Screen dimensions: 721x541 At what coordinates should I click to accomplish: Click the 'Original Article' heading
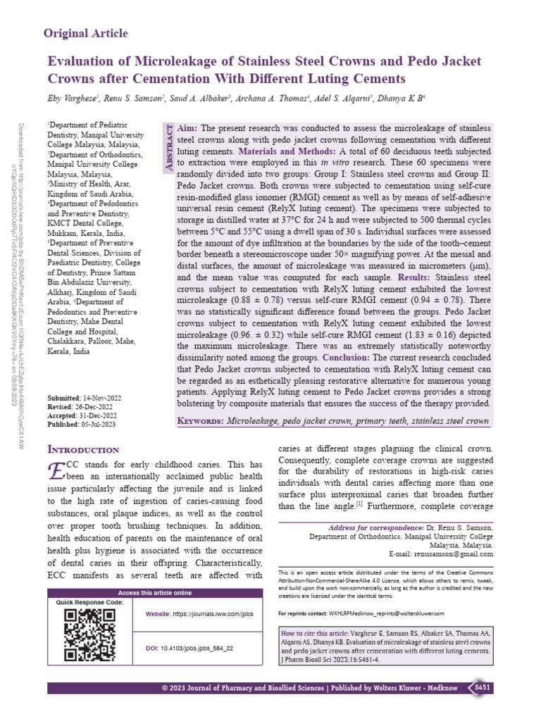(86, 33)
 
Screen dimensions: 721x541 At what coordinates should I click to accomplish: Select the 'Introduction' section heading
(82, 449)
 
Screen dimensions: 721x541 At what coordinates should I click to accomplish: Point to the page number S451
(483, 687)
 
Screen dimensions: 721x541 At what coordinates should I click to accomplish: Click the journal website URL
(213, 615)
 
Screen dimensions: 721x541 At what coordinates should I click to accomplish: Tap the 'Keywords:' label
(199, 420)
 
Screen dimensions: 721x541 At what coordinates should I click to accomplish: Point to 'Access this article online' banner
(154, 593)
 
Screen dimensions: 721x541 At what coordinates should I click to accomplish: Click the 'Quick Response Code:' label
(90, 603)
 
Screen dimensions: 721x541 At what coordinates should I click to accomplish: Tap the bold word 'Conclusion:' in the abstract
(342, 358)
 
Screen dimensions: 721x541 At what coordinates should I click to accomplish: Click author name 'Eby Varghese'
(75, 98)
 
